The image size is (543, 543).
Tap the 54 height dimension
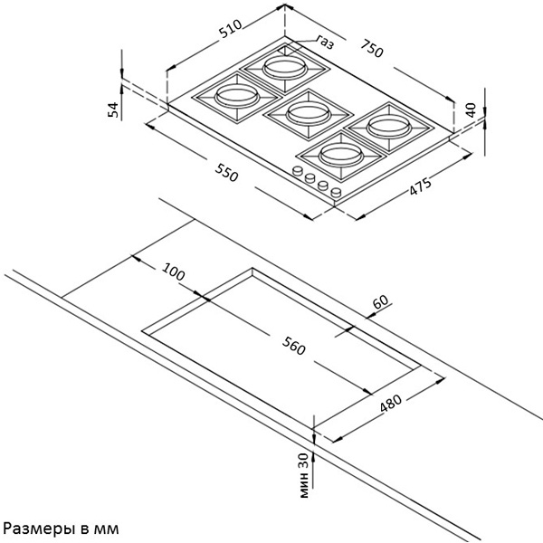(113, 110)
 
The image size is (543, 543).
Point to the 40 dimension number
(470, 110)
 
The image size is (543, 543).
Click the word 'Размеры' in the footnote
(35, 527)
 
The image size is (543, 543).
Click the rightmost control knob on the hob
(336, 193)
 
